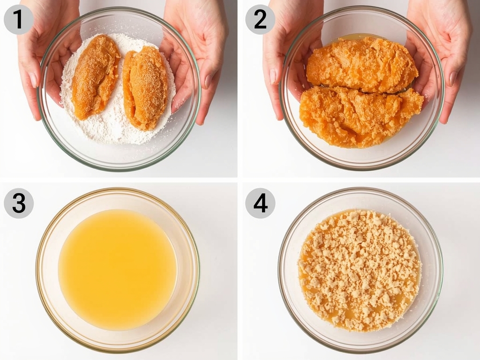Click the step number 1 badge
click(x=19, y=19)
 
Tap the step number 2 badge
click(x=260, y=19)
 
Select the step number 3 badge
click(x=19, y=203)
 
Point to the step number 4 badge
click(x=260, y=203)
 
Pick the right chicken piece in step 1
click(x=145, y=87)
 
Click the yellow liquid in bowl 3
click(x=117, y=270)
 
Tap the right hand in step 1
click(x=197, y=52)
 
